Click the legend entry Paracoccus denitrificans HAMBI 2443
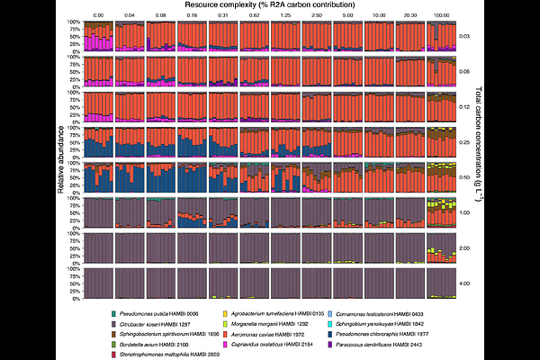382,344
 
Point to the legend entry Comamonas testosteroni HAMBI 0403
382,311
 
